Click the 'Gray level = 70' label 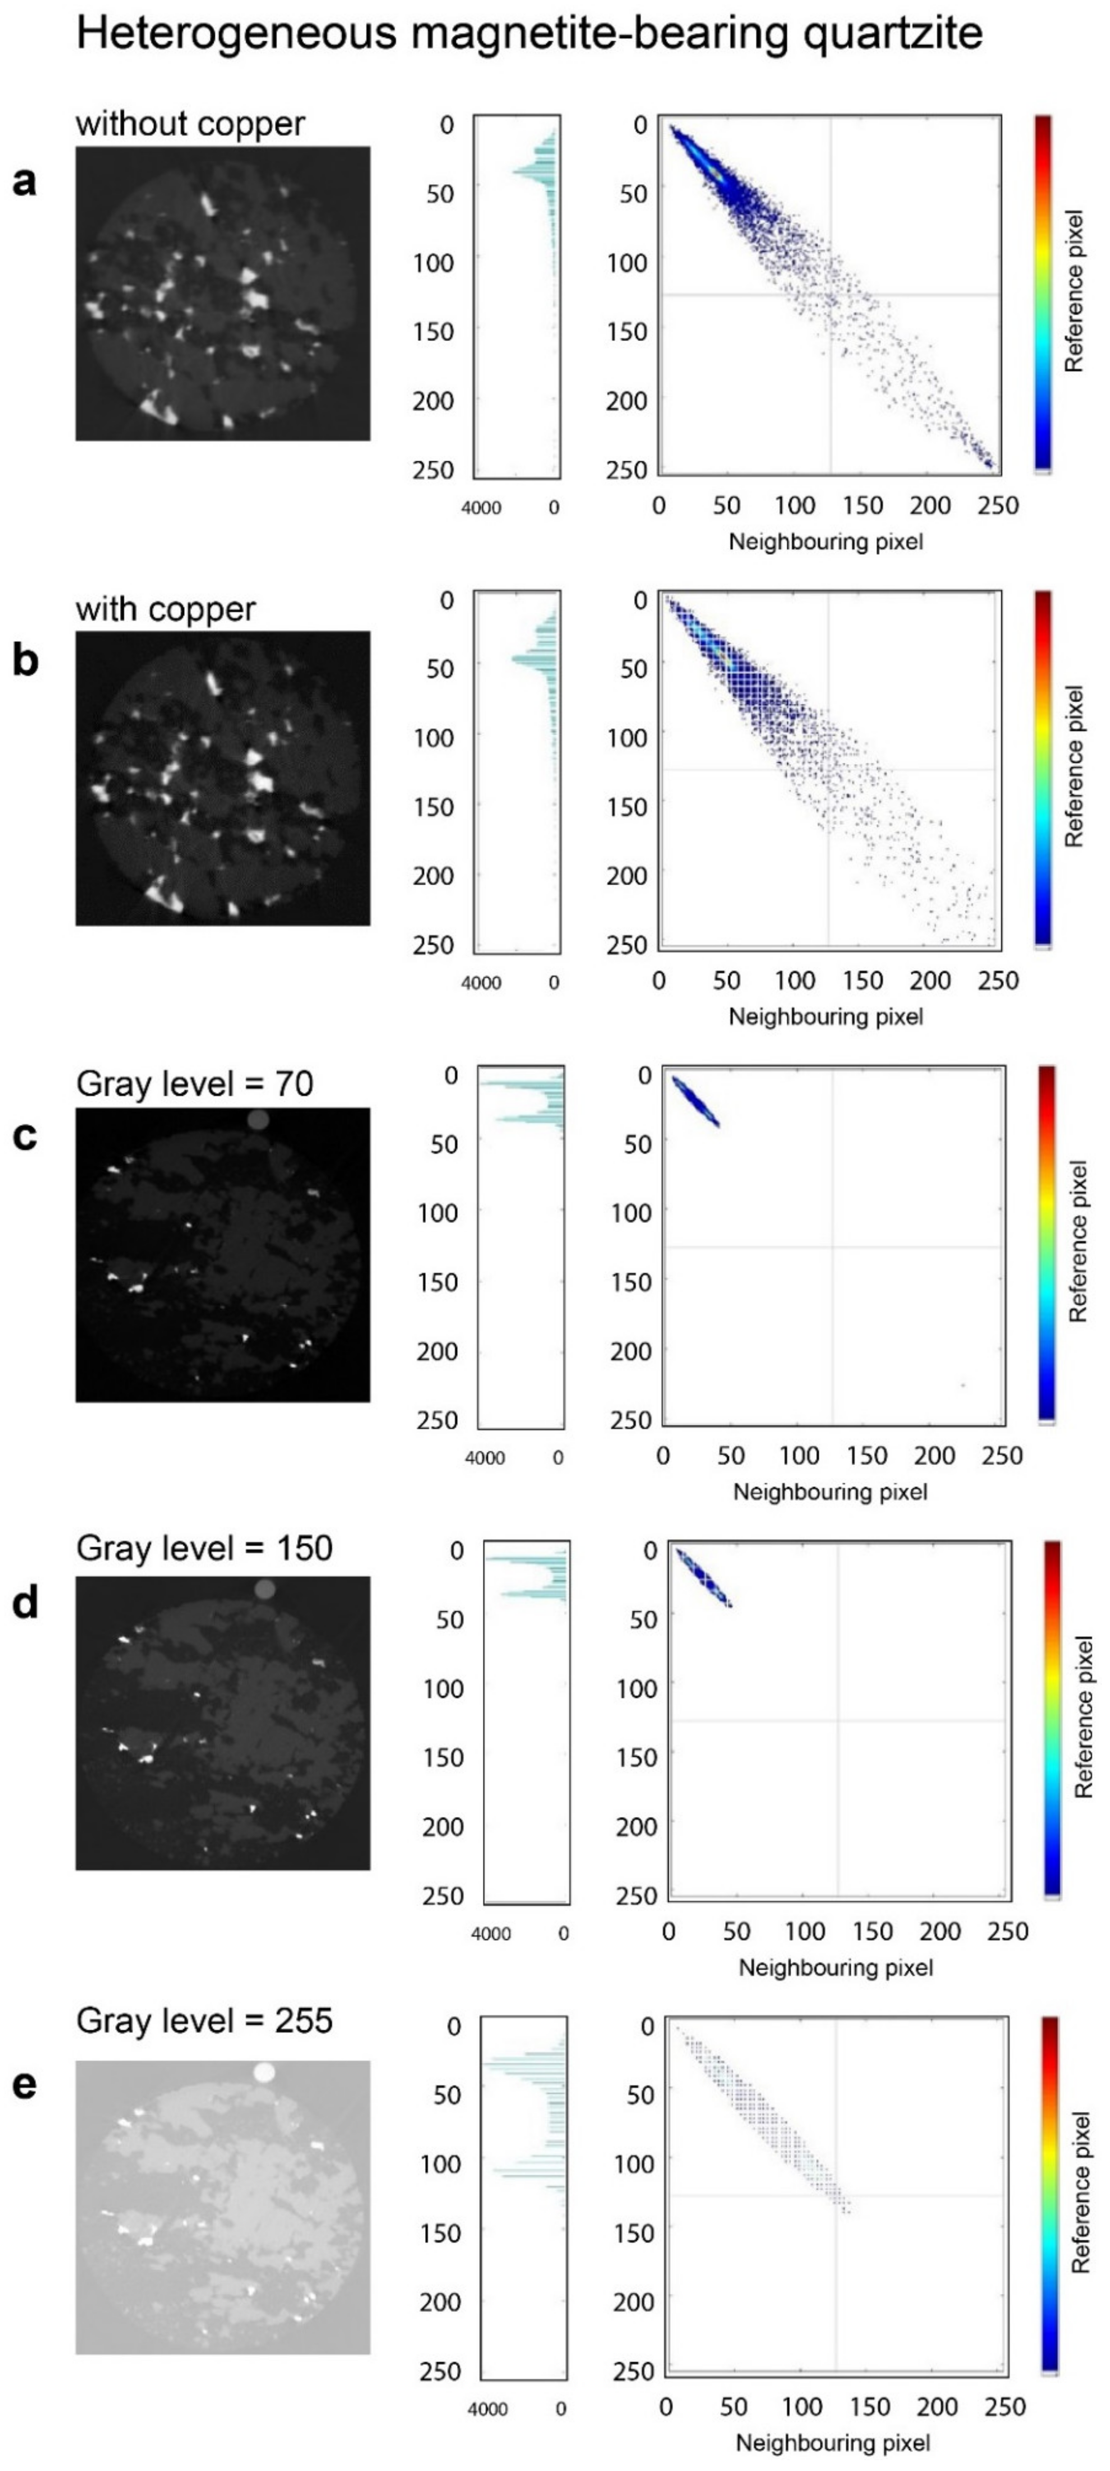(x=195, y=1084)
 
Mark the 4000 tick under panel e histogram (x=487, y=2410)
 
